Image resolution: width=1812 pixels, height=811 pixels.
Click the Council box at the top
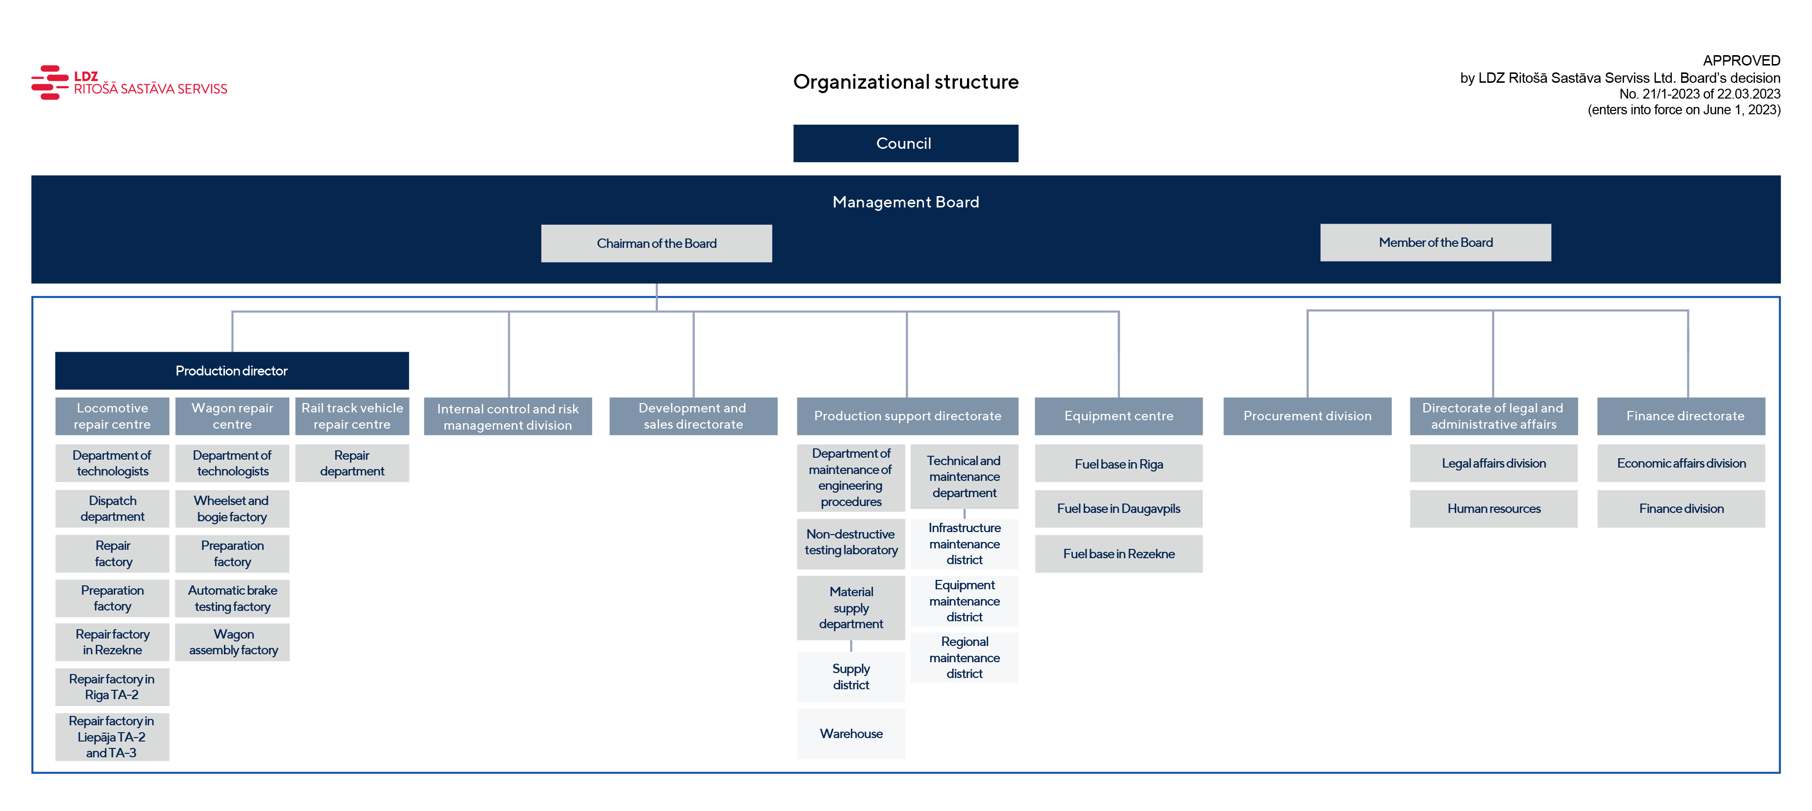[x=906, y=143]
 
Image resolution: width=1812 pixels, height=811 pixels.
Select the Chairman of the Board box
[x=656, y=243]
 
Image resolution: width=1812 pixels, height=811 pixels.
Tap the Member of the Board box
[x=1435, y=243]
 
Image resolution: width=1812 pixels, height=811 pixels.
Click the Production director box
[x=232, y=371]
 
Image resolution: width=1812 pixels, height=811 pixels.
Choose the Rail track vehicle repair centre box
[x=352, y=416]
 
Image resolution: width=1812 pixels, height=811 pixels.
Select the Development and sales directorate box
[x=693, y=416]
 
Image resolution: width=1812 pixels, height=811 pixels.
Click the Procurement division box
[x=1307, y=416]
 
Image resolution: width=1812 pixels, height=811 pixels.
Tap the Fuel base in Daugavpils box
[x=1119, y=509]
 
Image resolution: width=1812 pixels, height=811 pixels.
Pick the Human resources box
[x=1494, y=509]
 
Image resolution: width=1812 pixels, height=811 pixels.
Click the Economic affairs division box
[x=1681, y=463]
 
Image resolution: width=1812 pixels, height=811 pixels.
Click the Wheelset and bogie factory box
[x=232, y=509]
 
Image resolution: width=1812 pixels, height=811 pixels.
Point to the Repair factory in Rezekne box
[x=113, y=642]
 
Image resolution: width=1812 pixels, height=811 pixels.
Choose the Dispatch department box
[x=113, y=509]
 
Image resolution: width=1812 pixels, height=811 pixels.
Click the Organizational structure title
[x=906, y=82]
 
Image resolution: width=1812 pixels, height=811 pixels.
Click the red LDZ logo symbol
[x=50, y=82]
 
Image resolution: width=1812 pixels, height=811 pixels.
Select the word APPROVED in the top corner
[x=1741, y=61]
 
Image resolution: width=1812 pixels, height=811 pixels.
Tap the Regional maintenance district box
[x=965, y=658]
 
